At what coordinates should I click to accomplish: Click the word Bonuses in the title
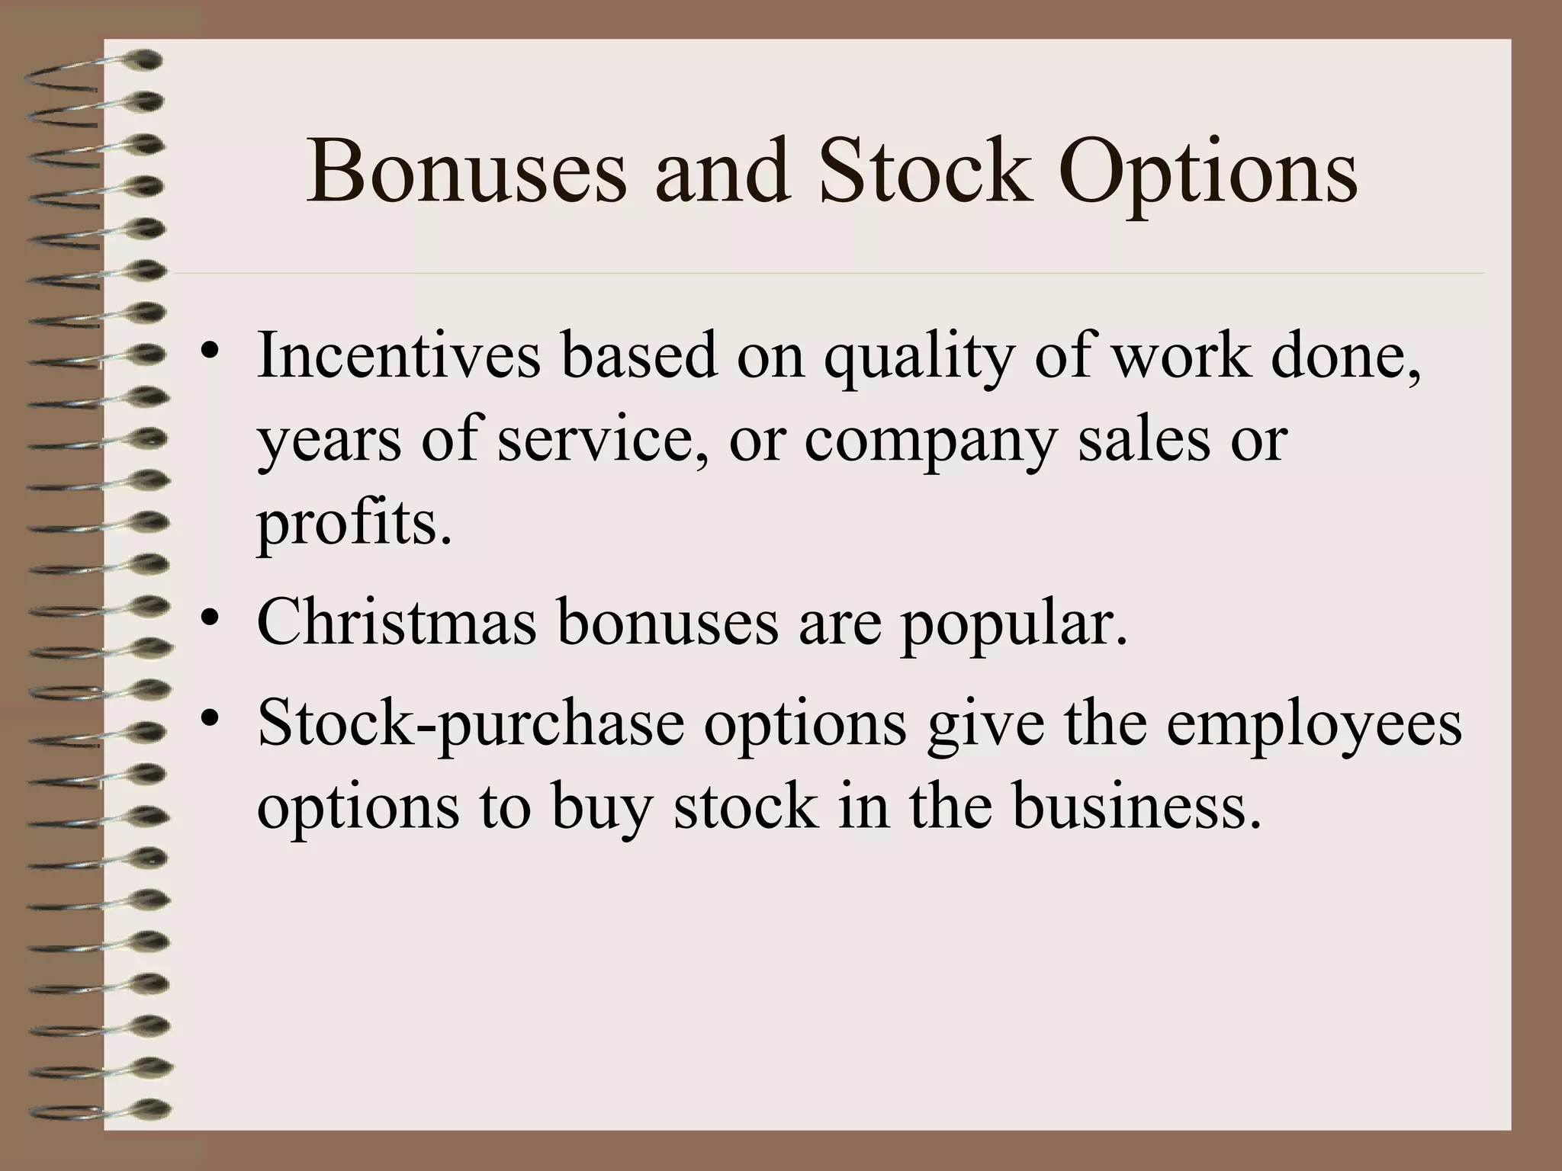click(x=466, y=173)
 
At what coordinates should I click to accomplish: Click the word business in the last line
click(x=1136, y=807)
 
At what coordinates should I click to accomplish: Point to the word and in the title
click(x=721, y=173)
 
